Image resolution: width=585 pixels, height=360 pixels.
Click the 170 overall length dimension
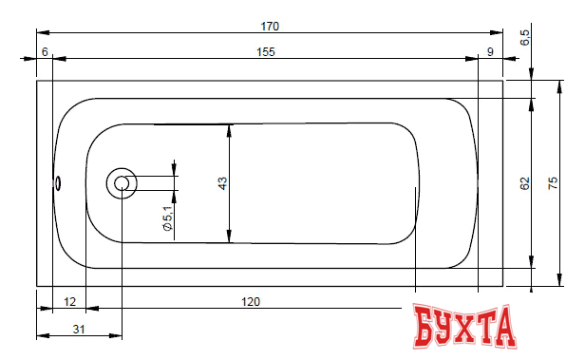pyautogui.click(x=270, y=27)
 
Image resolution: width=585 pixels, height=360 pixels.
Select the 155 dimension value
pyautogui.click(x=266, y=52)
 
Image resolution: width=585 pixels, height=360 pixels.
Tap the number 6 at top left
pyautogui.click(x=45, y=52)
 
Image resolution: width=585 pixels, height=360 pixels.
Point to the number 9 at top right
pyautogui.click(x=490, y=52)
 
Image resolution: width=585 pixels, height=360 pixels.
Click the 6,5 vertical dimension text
pyautogui.click(x=524, y=37)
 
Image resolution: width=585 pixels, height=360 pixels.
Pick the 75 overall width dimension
pyautogui.click(x=553, y=182)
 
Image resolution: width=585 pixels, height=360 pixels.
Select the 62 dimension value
pyautogui.click(x=524, y=183)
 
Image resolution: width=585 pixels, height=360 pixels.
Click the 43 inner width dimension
pyautogui.click(x=222, y=183)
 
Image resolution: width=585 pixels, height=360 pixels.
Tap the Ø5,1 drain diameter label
pyautogui.click(x=168, y=218)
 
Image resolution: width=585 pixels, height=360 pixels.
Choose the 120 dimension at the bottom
pyautogui.click(x=251, y=301)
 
